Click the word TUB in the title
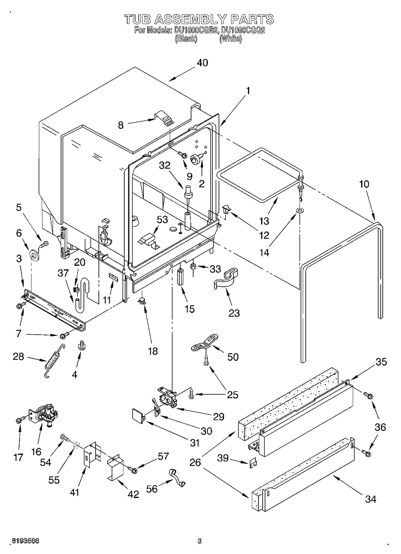pos(139,19)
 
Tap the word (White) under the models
pos(230,39)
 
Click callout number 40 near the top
pos(202,63)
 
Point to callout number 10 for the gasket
pos(365,184)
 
